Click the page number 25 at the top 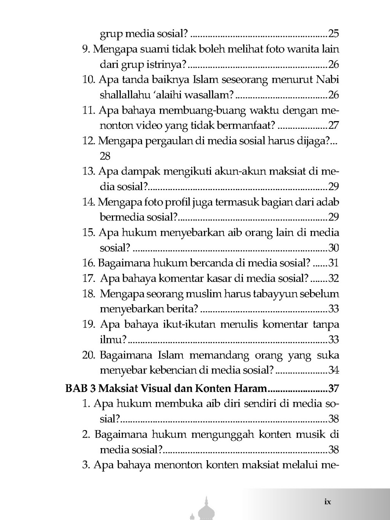[333, 34]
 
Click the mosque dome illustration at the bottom [206, 509]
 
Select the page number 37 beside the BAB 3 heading [334, 389]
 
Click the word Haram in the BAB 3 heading [251, 389]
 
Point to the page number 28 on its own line [105, 156]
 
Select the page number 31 [334, 263]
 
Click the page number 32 [334, 278]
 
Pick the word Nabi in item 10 [328, 80]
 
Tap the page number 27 [334, 125]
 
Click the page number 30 [334, 248]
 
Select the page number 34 [334, 370]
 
